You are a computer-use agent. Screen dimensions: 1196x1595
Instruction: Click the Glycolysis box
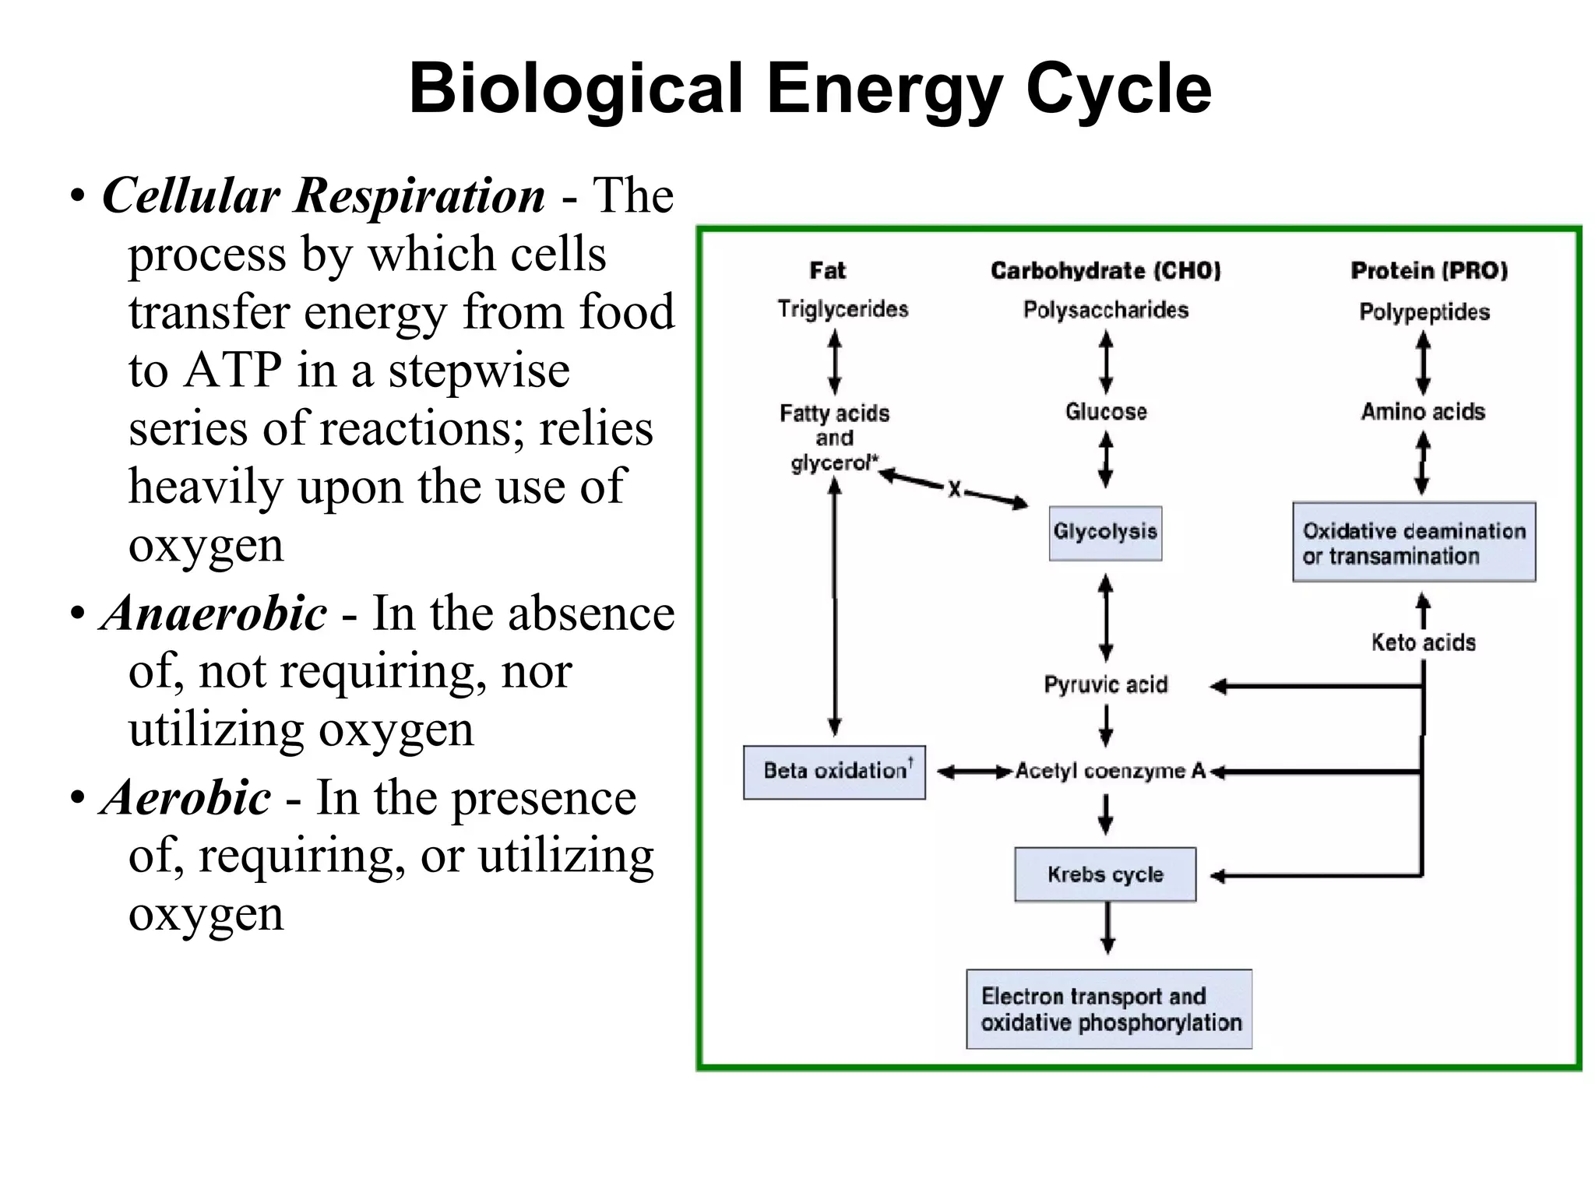click(x=1105, y=533)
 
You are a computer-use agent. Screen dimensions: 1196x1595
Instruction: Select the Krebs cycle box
click(x=1105, y=874)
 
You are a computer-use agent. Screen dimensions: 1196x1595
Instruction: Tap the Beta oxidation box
click(x=834, y=772)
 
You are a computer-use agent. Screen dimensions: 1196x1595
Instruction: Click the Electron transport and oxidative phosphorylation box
click(x=1109, y=1009)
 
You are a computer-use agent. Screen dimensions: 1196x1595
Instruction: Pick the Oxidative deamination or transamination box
click(x=1414, y=543)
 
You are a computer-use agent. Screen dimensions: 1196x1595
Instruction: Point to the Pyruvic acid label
click(x=1106, y=685)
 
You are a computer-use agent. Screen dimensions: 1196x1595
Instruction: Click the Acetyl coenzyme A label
click(x=1110, y=772)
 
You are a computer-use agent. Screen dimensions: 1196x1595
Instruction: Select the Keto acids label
click(x=1423, y=643)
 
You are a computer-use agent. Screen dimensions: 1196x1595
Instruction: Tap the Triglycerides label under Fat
click(x=843, y=310)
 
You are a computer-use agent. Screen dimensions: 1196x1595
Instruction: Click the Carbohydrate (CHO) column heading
click(x=1105, y=271)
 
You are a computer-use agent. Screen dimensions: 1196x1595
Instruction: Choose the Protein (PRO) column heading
click(x=1428, y=271)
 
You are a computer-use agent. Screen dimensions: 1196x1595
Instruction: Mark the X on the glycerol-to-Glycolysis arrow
click(x=954, y=490)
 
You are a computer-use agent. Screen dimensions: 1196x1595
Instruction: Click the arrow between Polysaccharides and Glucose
click(x=1106, y=362)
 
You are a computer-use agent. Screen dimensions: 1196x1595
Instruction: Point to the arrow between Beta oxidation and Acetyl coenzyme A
click(x=974, y=772)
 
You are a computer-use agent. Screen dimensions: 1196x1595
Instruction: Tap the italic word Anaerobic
click(x=214, y=614)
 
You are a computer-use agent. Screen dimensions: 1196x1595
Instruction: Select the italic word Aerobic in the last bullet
click(x=186, y=798)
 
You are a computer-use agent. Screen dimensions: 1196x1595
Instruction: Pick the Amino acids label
click(x=1423, y=412)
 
